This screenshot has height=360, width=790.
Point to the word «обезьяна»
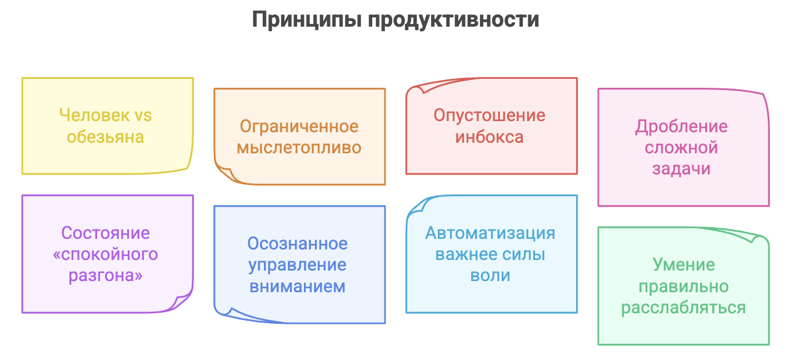106,137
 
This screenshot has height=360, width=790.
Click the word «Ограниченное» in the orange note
299,126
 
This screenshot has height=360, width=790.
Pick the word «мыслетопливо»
299,148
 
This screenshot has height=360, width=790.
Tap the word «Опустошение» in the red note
489,116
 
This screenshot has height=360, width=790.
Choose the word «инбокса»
489,137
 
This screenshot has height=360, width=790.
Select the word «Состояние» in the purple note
106,233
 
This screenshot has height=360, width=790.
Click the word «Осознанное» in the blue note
298,243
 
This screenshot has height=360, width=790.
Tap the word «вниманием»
298,286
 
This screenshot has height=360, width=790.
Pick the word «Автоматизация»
490,233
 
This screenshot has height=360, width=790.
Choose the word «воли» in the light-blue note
490,276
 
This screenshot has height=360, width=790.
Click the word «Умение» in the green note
683,264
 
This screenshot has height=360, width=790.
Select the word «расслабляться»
683,307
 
